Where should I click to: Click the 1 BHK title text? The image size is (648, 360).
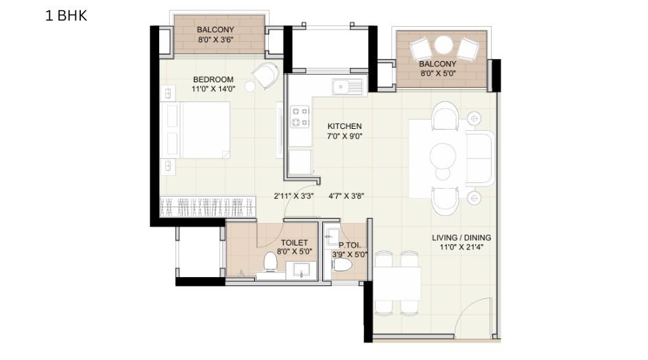67,16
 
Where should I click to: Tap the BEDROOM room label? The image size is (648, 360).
213,80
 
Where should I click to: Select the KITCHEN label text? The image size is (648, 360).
344,126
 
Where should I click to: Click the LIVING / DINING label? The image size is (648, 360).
461,238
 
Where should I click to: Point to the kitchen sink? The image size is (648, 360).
348,86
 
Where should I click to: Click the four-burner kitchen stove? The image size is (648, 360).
300,117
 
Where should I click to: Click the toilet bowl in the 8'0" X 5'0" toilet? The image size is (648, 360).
270,262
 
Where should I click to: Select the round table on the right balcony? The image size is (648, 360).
444,45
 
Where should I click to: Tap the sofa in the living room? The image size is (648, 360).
479,158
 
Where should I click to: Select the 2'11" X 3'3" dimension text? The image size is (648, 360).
294,195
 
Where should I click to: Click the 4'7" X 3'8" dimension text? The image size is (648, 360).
346,195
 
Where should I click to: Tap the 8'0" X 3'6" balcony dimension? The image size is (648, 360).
215,40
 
